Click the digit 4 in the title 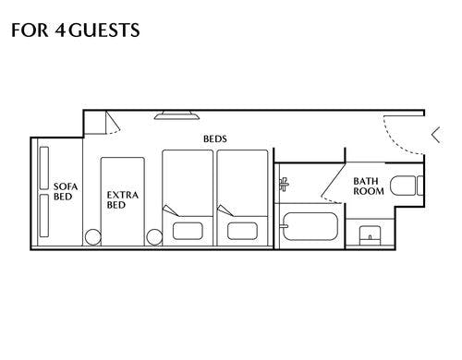[61, 30]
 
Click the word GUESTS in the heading [104, 30]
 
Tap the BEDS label [215, 138]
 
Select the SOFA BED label [66, 191]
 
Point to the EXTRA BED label [123, 199]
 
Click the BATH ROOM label [369, 186]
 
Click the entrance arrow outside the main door [436, 135]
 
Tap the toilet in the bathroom [407, 186]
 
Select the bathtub [310, 226]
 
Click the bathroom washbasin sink [370, 235]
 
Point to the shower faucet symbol [284, 184]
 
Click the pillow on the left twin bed [188, 231]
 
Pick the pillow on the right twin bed [242, 231]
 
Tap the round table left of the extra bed [93, 237]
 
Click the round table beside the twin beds [154, 237]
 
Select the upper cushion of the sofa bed [44, 168]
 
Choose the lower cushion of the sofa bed [44, 215]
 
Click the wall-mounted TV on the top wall [176, 114]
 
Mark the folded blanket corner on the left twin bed [170, 210]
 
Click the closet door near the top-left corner [113, 123]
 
